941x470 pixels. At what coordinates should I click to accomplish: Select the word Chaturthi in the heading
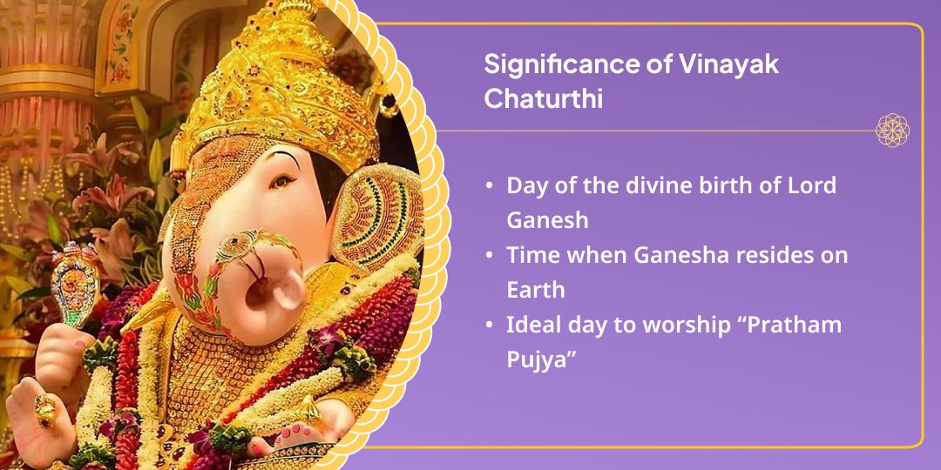543,98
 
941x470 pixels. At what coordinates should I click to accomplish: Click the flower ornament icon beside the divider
892,131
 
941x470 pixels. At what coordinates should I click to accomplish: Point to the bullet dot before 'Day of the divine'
490,186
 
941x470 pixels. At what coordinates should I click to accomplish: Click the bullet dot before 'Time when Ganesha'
490,256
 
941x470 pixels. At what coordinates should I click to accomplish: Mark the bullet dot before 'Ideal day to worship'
490,326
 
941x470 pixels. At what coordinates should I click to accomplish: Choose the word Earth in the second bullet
535,289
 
